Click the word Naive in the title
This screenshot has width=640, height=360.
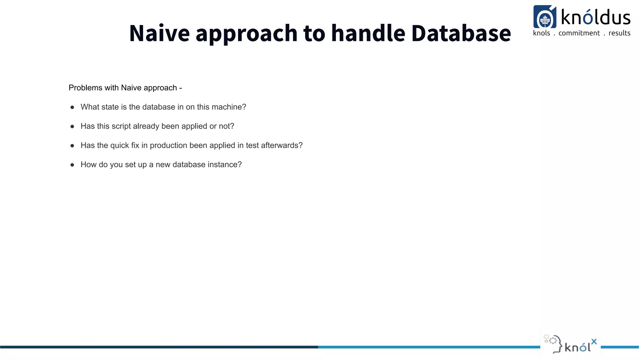(159, 33)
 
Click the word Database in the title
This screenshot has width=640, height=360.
(461, 33)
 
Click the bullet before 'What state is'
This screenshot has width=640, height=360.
(72, 107)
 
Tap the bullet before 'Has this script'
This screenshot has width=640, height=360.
(72, 127)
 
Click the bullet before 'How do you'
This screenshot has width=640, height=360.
(72, 165)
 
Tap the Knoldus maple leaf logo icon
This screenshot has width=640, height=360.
(545, 18)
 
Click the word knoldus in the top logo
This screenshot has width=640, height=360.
(596, 17)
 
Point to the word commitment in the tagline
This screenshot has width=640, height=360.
(579, 33)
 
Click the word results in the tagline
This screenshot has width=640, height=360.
(619, 33)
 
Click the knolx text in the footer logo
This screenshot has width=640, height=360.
(580, 346)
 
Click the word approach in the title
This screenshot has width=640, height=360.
(246, 33)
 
